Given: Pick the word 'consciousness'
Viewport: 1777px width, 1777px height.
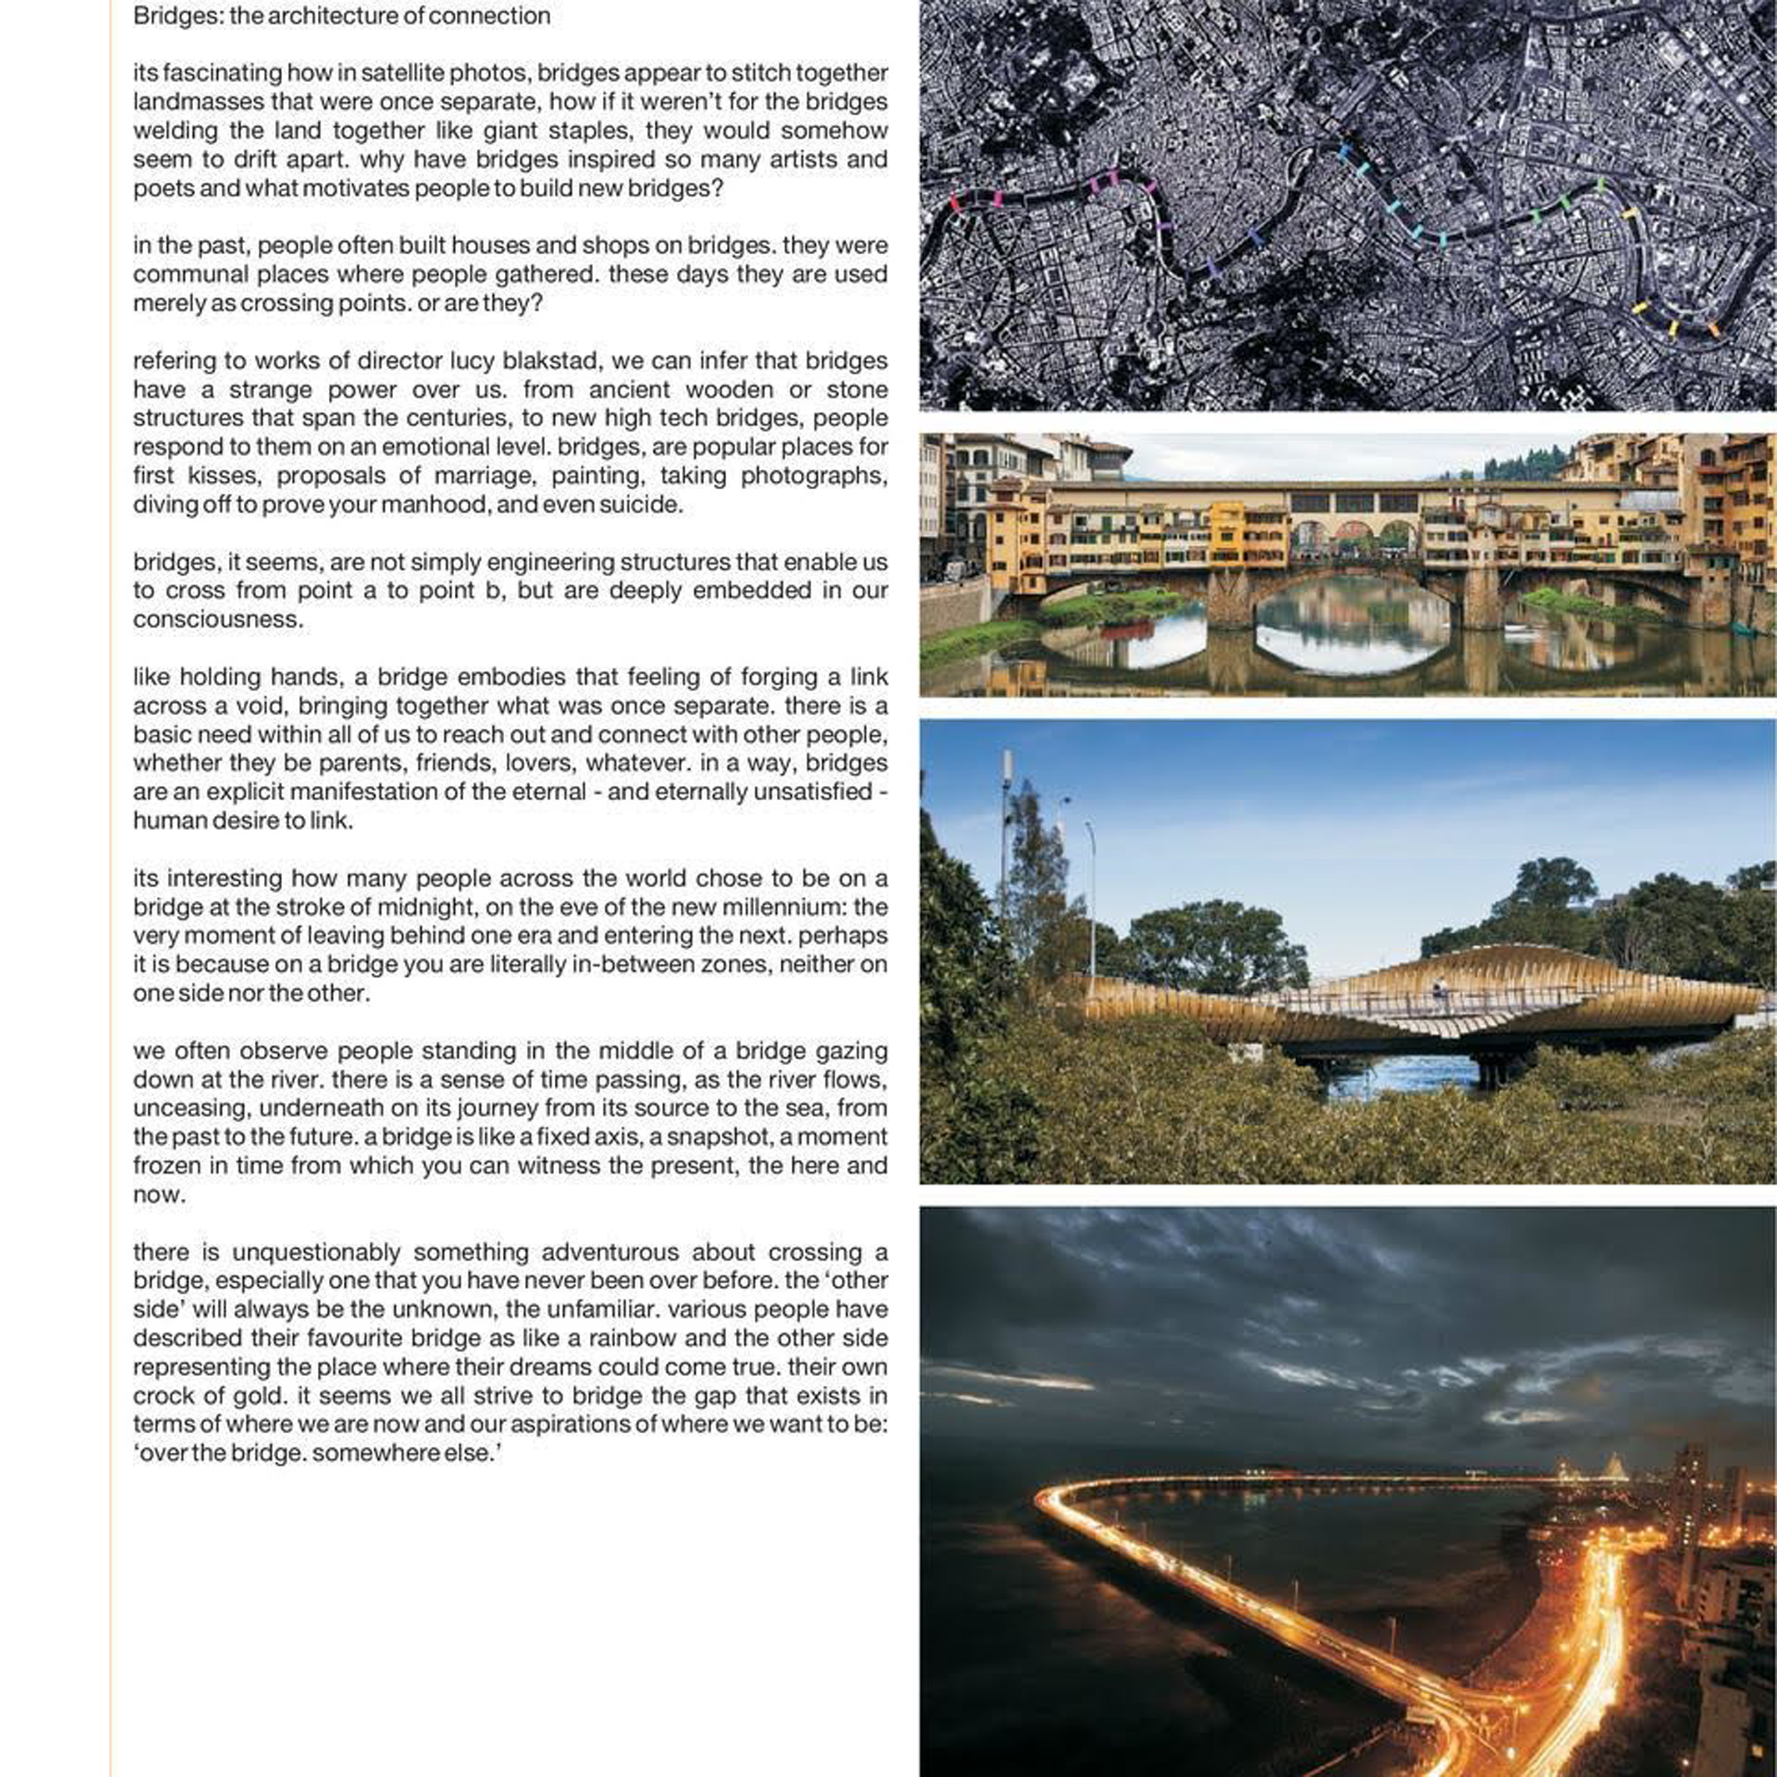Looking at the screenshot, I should click(217, 619).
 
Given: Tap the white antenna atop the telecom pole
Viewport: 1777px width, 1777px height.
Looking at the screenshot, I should click(1007, 765).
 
